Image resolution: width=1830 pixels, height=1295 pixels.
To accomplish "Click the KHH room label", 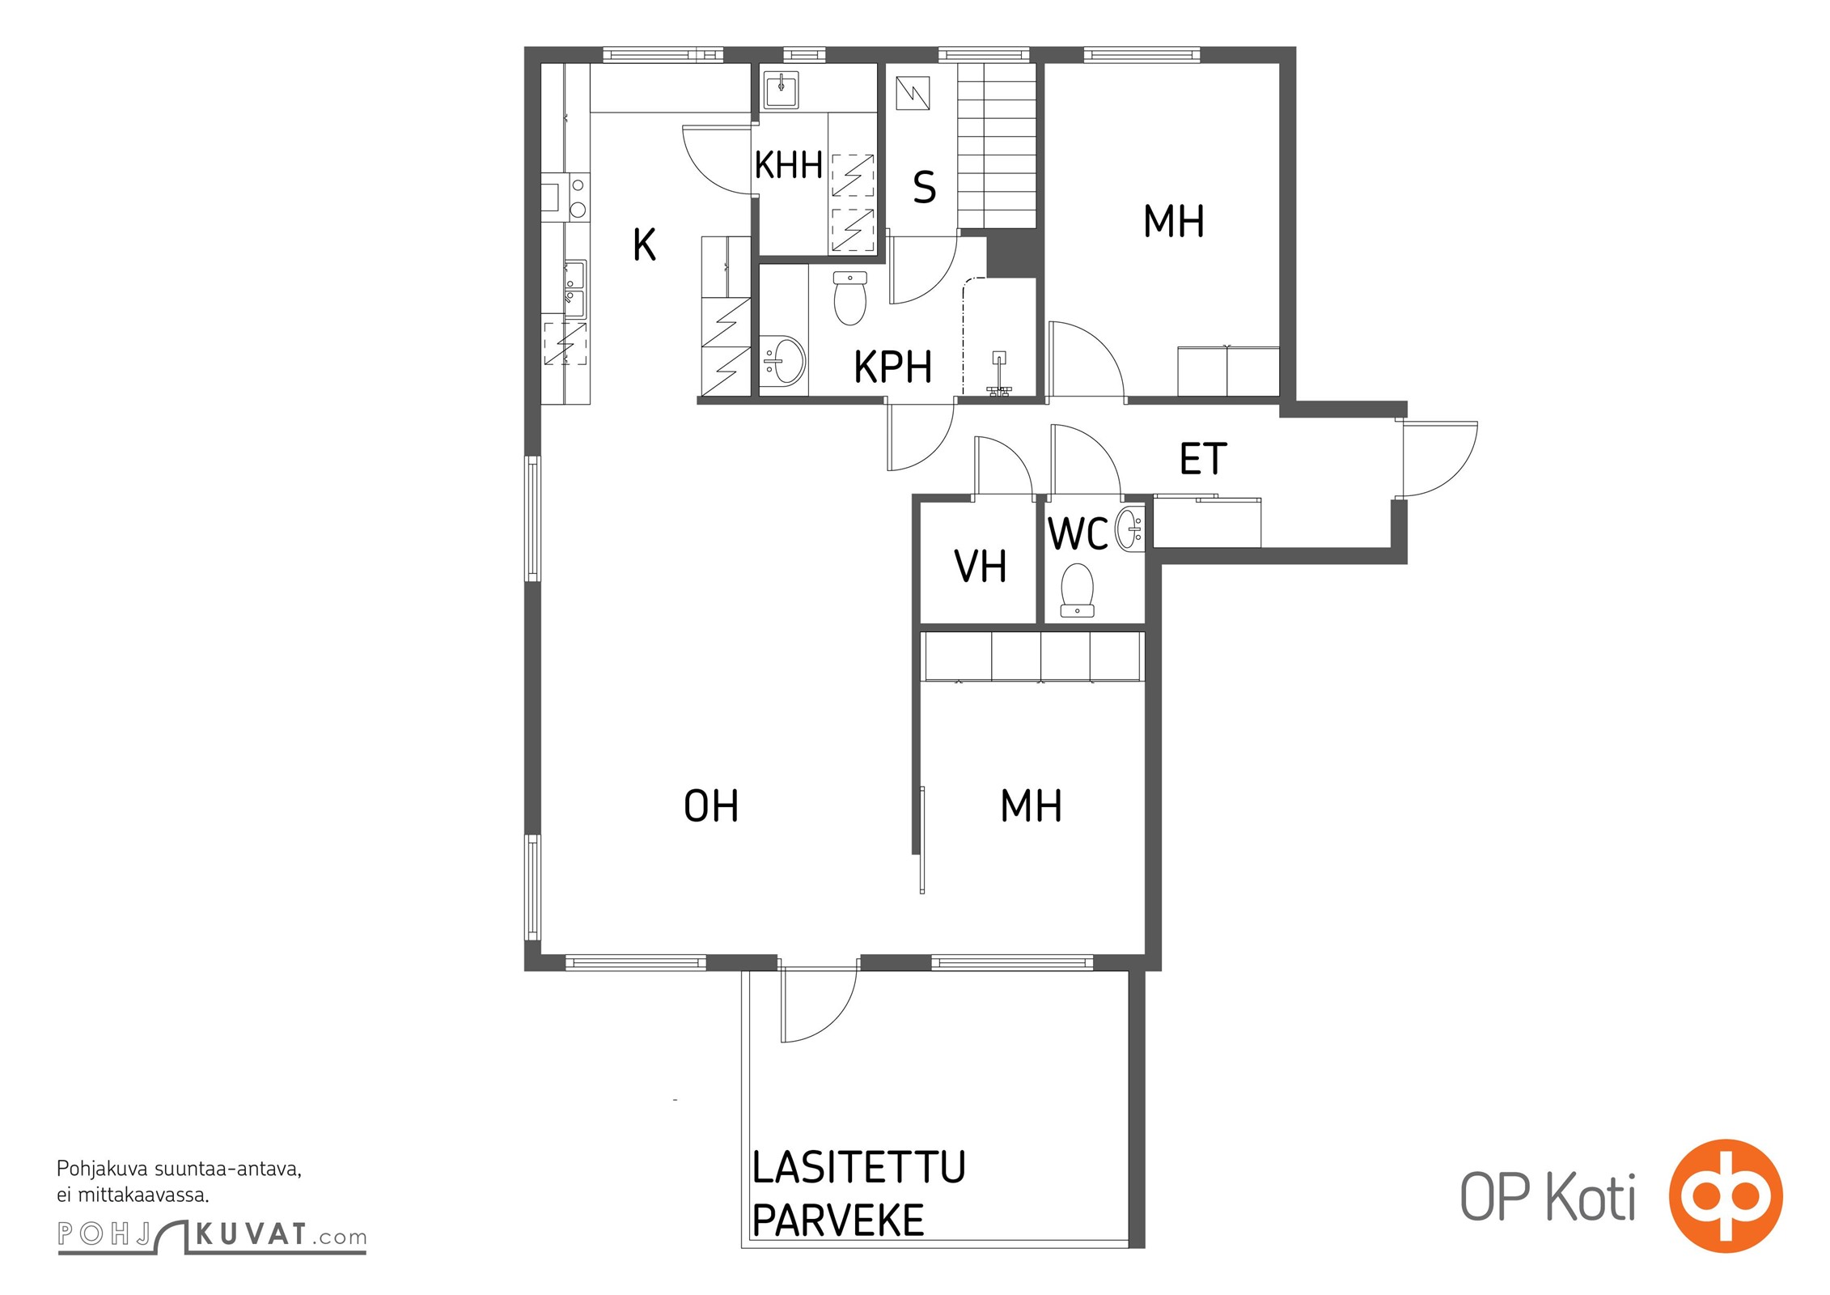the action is point(788,165).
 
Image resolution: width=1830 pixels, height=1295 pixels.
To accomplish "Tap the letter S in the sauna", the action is point(924,188).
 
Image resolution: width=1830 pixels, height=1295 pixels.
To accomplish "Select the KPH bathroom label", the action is point(893,367).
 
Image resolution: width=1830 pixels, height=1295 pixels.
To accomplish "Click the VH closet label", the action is point(981,567).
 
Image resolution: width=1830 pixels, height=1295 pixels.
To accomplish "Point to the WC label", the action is point(1078,534).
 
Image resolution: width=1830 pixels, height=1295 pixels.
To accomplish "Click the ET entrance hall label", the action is point(1203,459).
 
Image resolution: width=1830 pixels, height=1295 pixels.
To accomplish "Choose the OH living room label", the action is point(711,806).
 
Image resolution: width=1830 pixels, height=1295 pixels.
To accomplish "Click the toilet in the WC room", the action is point(1077,590).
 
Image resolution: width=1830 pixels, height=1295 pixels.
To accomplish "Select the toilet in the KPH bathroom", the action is point(849,298).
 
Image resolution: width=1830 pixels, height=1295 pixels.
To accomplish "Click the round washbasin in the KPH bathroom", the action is point(782,361).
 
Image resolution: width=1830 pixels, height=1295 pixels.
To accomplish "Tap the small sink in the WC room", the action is point(1130,529).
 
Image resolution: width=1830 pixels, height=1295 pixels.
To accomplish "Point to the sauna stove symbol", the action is point(913,93).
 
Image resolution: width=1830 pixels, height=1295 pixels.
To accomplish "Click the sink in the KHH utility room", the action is point(781,90).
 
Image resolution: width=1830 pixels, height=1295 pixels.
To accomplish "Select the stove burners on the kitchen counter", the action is point(578,197).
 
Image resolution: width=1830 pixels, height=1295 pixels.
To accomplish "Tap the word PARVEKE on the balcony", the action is point(838,1221).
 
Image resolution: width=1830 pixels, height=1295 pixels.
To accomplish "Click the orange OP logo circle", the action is point(1726,1196).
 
